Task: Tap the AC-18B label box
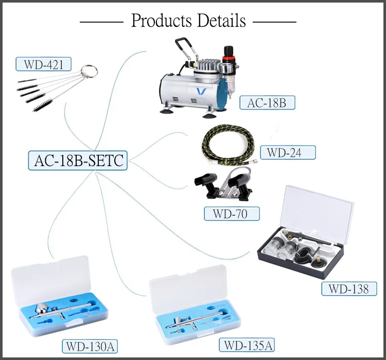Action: pyautogui.click(x=267, y=102)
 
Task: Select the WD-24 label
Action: pyautogui.click(x=288, y=152)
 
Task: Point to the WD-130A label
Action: pyautogui.click(x=90, y=347)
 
